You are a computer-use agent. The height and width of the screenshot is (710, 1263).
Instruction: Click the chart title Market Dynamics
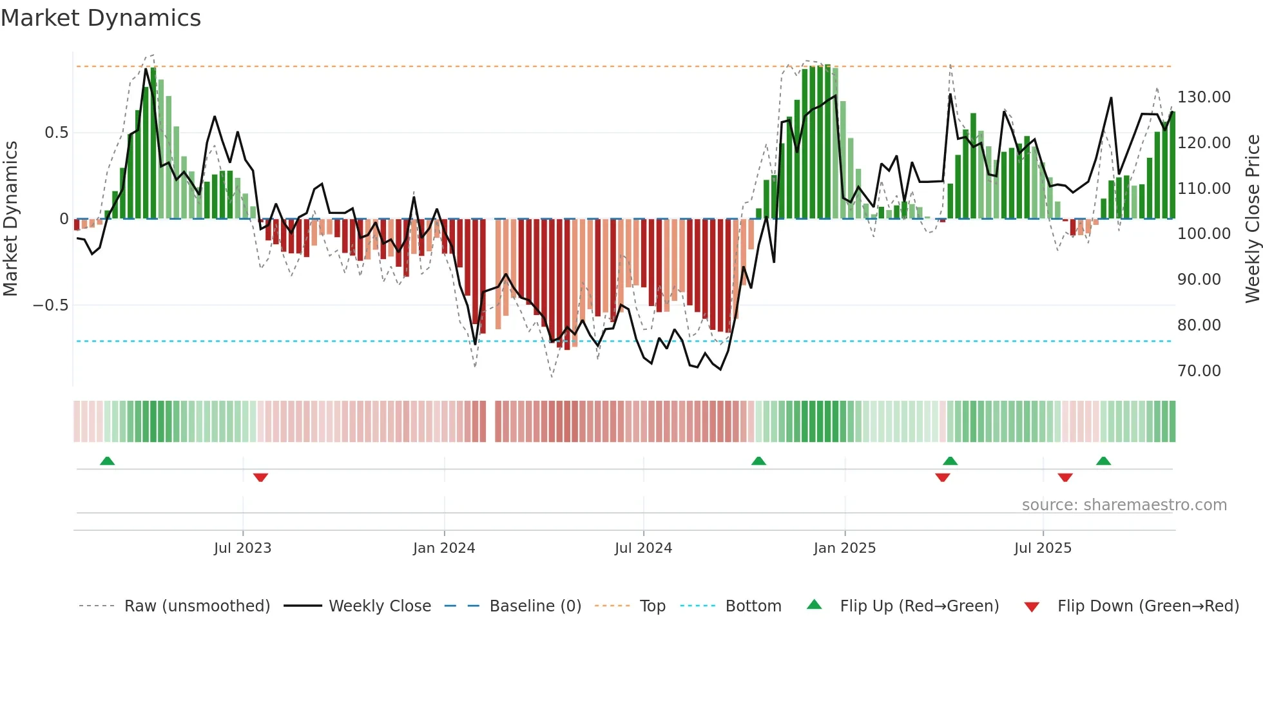pyautogui.click(x=101, y=18)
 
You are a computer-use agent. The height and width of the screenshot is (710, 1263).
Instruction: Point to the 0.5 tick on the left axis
pyautogui.click(x=56, y=133)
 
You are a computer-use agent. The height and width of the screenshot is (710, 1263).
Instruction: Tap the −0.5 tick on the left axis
pyautogui.click(x=51, y=305)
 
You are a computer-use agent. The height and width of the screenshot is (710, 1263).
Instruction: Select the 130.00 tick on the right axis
pyautogui.click(x=1203, y=97)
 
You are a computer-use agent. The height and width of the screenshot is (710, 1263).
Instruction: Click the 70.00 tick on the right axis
pyautogui.click(x=1199, y=371)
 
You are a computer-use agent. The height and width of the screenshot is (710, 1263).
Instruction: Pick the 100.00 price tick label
pyautogui.click(x=1203, y=234)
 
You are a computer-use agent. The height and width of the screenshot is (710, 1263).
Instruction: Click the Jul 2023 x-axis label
pyautogui.click(x=242, y=548)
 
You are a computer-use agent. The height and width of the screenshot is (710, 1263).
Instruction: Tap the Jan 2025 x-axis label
pyautogui.click(x=844, y=548)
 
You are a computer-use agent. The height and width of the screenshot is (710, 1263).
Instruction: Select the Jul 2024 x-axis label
pyautogui.click(x=643, y=548)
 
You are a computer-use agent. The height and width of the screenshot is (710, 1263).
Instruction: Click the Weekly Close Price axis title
pyautogui.click(x=1252, y=219)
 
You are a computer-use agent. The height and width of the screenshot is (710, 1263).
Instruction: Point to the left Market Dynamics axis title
pyautogui.click(x=10, y=219)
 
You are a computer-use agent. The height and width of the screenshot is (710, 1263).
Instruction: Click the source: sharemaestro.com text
pyautogui.click(x=1124, y=505)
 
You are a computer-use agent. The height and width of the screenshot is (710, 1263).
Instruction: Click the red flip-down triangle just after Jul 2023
pyautogui.click(x=260, y=477)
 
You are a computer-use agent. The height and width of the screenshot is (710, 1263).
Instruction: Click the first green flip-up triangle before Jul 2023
pyautogui.click(x=108, y=461)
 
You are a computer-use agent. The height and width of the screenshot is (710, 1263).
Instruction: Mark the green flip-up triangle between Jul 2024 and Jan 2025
pyautogui.click(x=758, y=461)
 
